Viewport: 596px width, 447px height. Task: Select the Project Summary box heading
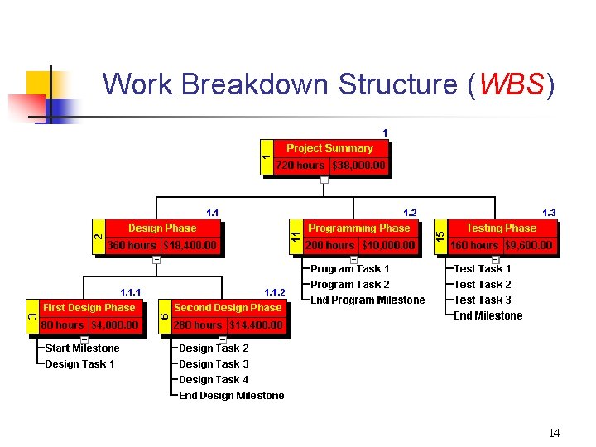[329, 148]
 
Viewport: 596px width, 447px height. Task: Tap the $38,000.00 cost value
[359, 166]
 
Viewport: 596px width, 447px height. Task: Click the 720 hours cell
[300, 166]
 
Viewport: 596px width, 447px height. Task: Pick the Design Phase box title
[162, 228]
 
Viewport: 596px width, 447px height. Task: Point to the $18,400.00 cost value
[190, 245]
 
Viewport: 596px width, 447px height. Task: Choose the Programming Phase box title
[359, 228]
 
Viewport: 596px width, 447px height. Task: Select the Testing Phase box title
[501, 228]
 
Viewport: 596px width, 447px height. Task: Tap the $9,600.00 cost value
[529, 245]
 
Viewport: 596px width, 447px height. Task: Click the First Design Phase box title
[89, 307]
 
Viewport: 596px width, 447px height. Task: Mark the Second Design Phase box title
[228, 307]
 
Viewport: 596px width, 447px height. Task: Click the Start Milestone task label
[82, 348]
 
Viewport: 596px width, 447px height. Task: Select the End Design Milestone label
[232, 396]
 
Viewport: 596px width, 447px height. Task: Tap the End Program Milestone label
[368, 300]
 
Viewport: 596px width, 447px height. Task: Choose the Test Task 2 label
[483, 285]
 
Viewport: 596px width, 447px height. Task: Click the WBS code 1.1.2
[274, 292]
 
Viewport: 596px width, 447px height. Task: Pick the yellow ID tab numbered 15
[440, 236]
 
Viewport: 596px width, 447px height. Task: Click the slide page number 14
[554, 433]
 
